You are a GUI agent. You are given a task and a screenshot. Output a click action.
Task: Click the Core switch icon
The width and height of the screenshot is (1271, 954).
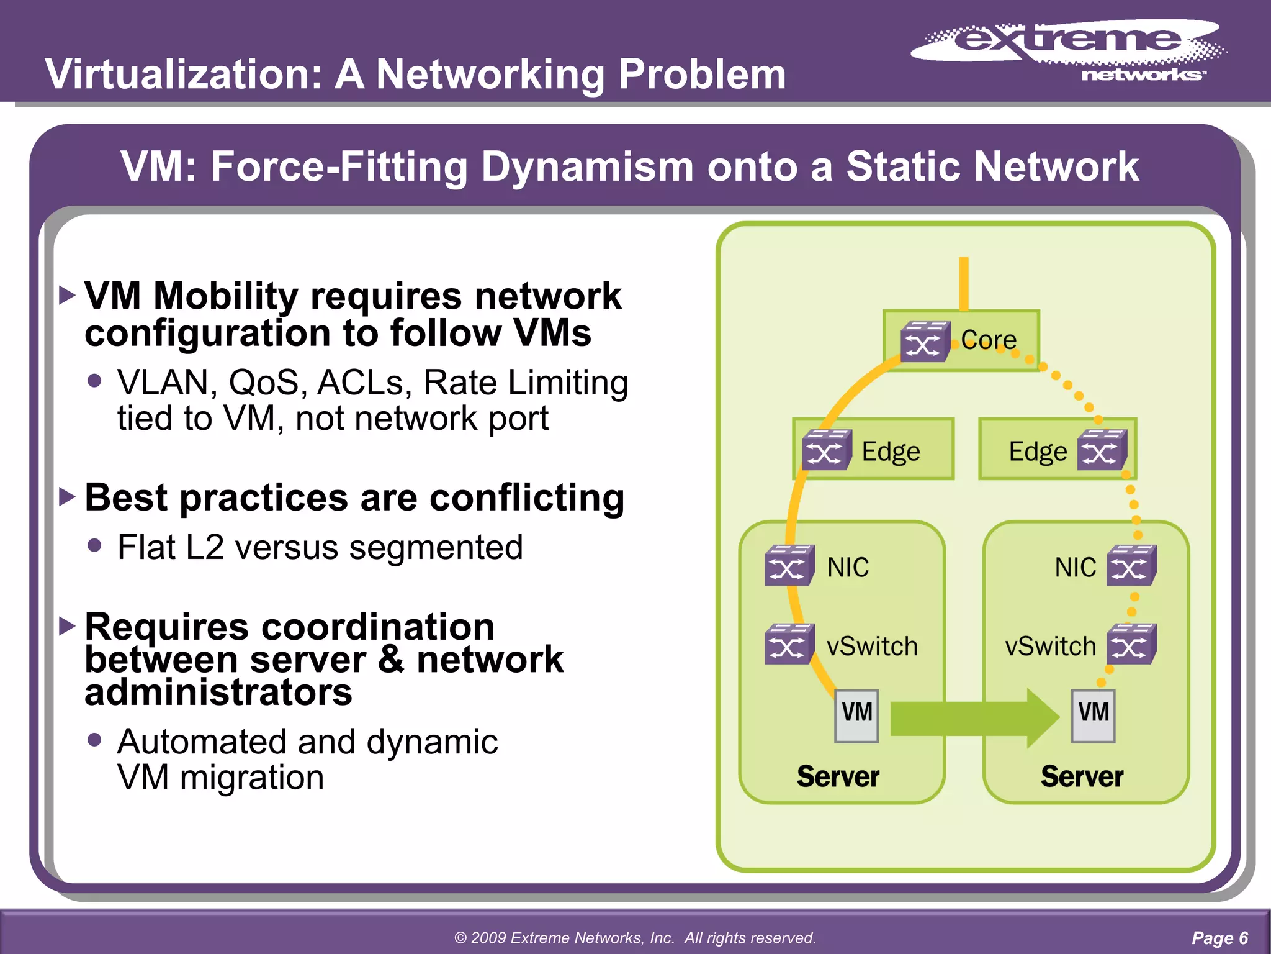925,342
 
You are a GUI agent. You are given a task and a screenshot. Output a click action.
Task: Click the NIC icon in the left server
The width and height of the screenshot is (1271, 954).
789,565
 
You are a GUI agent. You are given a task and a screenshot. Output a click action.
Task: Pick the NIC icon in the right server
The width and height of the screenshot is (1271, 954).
1131,565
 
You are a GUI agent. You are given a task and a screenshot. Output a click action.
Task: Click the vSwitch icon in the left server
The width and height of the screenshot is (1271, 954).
789,645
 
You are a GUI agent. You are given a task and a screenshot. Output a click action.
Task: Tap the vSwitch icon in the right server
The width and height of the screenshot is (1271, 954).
1131,645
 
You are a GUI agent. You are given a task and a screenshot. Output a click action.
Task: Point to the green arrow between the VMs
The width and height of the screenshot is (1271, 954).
974,718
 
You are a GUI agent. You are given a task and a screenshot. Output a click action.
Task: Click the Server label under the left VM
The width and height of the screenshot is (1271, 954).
838,776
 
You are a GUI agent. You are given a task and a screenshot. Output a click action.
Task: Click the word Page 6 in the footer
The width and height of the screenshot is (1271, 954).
1219,938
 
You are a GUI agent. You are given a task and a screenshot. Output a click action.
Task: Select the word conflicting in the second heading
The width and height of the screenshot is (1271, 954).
526,498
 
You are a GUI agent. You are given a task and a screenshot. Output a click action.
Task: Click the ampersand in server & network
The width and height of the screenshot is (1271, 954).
391,659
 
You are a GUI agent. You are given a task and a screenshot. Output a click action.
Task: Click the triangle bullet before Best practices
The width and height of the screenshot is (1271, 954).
67,497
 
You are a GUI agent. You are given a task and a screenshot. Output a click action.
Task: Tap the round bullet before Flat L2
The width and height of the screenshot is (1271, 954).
94,545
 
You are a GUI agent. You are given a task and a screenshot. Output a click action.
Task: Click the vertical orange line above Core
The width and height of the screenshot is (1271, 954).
964,283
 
